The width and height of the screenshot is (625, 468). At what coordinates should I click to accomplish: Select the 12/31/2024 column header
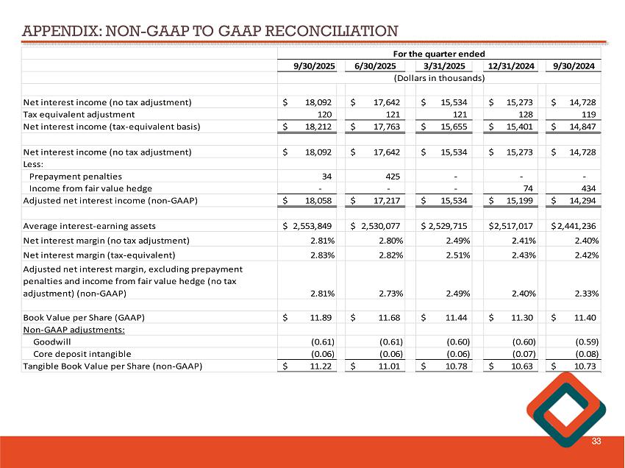[x=510, y=65]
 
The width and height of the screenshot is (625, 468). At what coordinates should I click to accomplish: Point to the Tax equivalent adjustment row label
[x=79, y=114]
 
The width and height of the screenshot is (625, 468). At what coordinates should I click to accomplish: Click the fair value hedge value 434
[x=589, y=188]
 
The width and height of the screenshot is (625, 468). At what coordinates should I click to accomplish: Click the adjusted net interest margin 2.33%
[x=584, y=293]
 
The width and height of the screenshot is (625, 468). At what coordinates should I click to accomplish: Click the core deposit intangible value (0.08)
[x=585, y=354]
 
